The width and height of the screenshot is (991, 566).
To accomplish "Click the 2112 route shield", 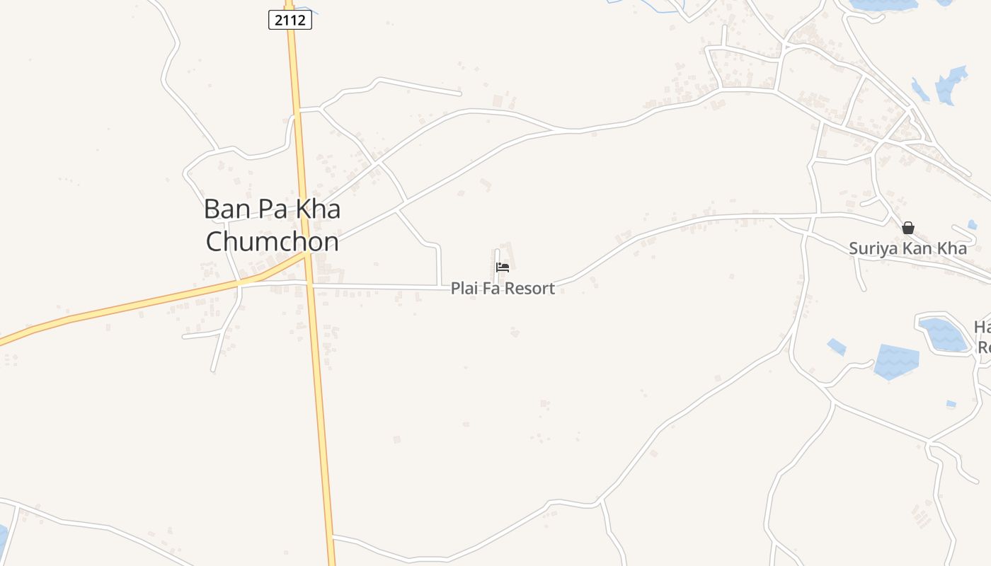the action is (290, 20).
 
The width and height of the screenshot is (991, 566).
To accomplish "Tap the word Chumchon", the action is (273, 241).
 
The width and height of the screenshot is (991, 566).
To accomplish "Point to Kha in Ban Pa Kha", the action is (317, 209).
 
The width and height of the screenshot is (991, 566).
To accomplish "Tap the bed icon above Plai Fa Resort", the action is (503, 267).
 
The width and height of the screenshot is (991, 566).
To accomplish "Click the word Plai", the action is (464, 289).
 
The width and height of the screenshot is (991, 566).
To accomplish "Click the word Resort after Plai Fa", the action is (531, 289).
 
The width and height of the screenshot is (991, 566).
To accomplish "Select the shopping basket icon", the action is (908, 228).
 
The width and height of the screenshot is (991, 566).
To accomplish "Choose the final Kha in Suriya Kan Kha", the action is (953, 248).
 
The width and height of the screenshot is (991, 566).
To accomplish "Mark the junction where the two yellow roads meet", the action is (307, 256).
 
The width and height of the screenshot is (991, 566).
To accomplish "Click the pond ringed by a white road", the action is (942, 334).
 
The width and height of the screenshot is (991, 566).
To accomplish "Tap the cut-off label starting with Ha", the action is (982, 337).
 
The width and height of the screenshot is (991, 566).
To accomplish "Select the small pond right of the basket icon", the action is (972, 225).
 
